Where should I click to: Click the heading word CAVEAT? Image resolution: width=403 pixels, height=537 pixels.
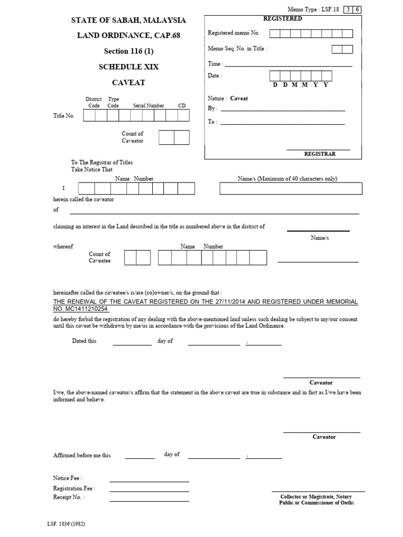(x=129, y=83)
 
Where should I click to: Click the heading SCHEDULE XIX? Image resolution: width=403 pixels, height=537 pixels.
(x=129, y=67)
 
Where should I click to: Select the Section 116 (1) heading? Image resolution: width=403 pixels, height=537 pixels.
(x=129, y=51)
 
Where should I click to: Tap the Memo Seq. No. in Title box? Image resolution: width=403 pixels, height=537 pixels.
(x=342, y=49)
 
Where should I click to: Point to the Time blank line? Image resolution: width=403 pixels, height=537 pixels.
(x=288, y=66)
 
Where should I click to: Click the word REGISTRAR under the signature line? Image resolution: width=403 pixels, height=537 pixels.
(x=320, y=154)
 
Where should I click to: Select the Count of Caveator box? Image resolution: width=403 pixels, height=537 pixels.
(x=174, y=137)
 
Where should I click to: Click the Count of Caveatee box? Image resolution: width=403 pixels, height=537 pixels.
(x=137, y=257)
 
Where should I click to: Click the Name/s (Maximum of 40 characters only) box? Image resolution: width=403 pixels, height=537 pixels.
(x=288, y=189)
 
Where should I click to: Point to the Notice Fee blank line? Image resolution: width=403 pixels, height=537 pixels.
(x=149, y=481)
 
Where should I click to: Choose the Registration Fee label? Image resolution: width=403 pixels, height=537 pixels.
(x=74, y=488)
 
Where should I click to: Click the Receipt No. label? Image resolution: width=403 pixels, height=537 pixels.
(x=69, y=497)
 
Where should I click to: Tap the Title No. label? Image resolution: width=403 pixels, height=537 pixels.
(x=64, y=116)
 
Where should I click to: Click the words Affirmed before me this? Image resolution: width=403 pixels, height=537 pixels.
(x=82, y=455)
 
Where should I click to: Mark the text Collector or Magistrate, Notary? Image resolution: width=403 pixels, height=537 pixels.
(x=316, y=497)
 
